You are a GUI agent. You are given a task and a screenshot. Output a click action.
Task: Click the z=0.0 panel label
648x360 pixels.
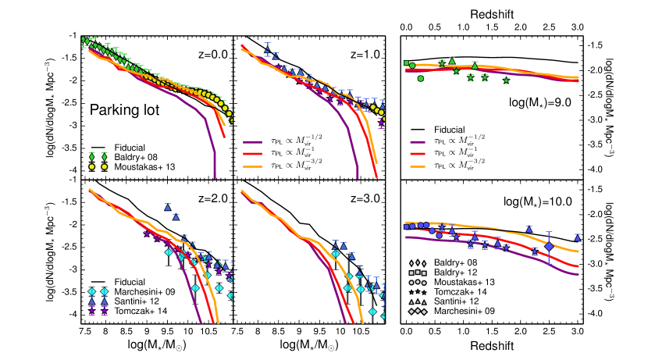pyautogui.click(x=210, y=55)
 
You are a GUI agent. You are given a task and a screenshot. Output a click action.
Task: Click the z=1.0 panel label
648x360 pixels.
pyautogui.click(x=365, y=55)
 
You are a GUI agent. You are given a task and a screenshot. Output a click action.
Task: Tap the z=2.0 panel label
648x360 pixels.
pyautogui.click(x=210, y=198)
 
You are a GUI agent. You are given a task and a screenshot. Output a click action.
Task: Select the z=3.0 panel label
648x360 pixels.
pyautogui.click(x=365, y=198)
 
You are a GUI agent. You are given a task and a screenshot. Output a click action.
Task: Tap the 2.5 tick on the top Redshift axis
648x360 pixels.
pyautogui.click(x=548, y=27)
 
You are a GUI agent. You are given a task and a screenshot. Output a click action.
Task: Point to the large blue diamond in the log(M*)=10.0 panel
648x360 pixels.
pyautogui.click(x=549, y=247)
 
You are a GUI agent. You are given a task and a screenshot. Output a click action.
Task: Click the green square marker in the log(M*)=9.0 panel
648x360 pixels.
pyautogui.click(x=406, y=63)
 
